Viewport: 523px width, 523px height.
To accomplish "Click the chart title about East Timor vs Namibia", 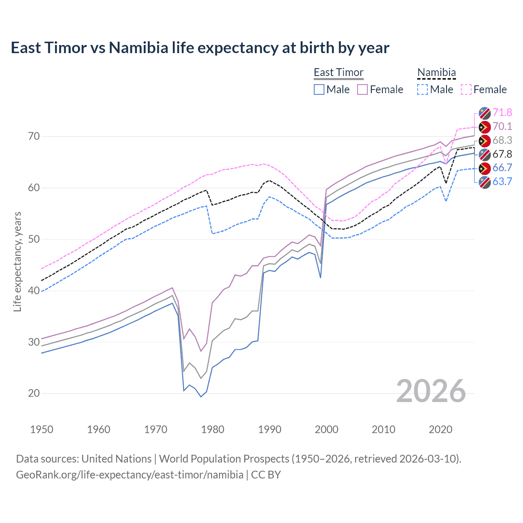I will click(x=200, y=48).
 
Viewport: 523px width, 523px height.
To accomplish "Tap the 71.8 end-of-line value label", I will click(x=502, y=112).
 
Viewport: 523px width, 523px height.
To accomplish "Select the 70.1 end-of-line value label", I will click(x=502, y=126).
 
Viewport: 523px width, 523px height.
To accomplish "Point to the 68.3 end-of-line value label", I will click(x=502, y=140).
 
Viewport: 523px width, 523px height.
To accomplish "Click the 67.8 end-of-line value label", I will click(x=502, y=154).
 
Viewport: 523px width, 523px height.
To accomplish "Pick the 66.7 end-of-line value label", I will click(x=502, y=168).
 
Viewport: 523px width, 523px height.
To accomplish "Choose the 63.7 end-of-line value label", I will click(x=502, y=181).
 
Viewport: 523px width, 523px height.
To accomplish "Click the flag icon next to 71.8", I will click(x=485, y=113).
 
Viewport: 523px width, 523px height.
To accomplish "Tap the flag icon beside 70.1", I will click(x=485, y=127).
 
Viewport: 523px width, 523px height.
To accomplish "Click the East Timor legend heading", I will click(x=338, y=72).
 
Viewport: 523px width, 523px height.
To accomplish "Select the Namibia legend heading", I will click(x=436, y=72).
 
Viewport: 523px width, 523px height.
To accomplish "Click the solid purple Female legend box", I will click(x=362, y=89).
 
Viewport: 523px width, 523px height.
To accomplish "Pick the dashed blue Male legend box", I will click(x=422, y=89).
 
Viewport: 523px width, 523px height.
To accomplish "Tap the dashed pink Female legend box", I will click(x=466, y=89).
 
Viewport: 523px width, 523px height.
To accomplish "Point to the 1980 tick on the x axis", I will click(x=212, y=429).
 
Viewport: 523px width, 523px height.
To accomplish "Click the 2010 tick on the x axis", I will click(x=383, y=429).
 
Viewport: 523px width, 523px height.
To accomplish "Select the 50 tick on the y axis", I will click(x=34, y=239).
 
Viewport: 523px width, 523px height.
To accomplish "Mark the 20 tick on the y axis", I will click(x=34, y=393).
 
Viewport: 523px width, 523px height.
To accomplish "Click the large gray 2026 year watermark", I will click(x=431, y=391).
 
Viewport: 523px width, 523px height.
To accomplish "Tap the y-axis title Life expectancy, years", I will click(x=17, y=261).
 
